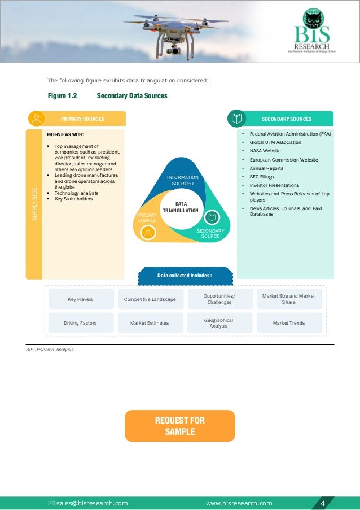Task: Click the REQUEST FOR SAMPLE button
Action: point(179,426)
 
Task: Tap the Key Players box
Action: point(80,299)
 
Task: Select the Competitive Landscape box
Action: point(150,299)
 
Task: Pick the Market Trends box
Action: point(289,323)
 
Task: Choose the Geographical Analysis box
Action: point(219,323)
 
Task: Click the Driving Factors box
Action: point(80,323)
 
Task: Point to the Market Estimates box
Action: point(150,323)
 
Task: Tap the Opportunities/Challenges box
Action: point(219,299)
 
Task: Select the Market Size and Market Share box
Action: point(289,299)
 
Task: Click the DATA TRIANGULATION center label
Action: point(181,207)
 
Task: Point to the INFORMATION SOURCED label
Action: point(182,181)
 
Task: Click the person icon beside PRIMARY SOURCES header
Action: point(37,119)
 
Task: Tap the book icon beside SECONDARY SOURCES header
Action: point(237,119)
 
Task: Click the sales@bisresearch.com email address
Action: point(91,503)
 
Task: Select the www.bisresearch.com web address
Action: point(239,503)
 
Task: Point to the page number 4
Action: point(322,503)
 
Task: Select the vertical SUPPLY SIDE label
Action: point(34,204)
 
